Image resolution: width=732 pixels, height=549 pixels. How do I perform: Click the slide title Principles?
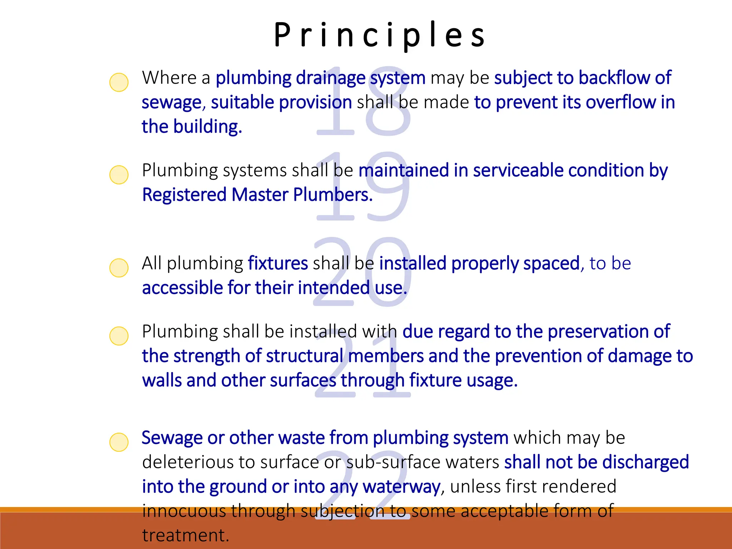pos(380,35)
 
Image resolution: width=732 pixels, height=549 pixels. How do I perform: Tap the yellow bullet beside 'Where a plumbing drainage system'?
pos(119,82)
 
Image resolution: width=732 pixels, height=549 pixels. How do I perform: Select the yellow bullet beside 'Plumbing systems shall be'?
pos(119,175)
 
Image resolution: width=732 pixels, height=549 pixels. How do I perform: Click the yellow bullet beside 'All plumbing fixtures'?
pos(119,268)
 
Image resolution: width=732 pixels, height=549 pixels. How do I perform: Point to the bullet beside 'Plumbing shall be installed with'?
pos(119,336)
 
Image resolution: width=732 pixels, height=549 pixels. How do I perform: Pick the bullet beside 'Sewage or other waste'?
pos(119,442)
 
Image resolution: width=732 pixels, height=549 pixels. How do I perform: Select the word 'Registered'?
pos(184,195)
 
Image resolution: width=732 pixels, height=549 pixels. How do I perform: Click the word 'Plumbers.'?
pos(333,195)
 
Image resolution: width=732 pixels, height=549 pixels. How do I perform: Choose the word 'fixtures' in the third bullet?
pos(278,263)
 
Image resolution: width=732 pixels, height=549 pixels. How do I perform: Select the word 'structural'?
pos(305,356)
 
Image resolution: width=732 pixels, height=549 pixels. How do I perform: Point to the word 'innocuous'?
pos(184,511)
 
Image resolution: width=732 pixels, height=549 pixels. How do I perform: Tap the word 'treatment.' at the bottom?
pos(186,535)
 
